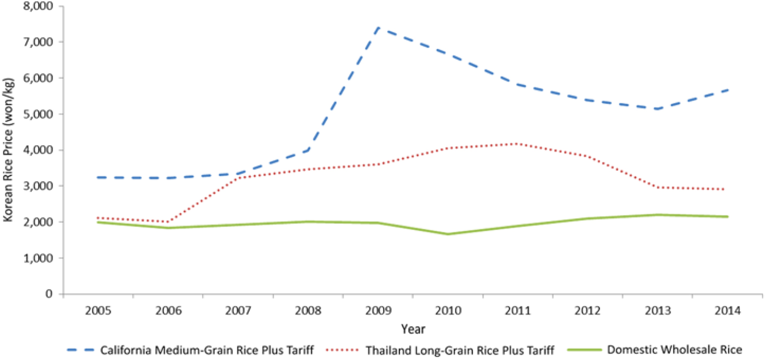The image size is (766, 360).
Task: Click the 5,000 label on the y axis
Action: (41, 114)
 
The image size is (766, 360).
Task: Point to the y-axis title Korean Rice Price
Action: (8, 150)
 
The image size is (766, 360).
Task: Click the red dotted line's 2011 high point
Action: (517, 143)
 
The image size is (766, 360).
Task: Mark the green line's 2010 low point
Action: (447, 234)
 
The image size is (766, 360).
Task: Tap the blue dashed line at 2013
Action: (657, 109)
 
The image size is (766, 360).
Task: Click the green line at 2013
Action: (657, 215)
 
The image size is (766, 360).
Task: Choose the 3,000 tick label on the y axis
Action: (41, 186)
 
